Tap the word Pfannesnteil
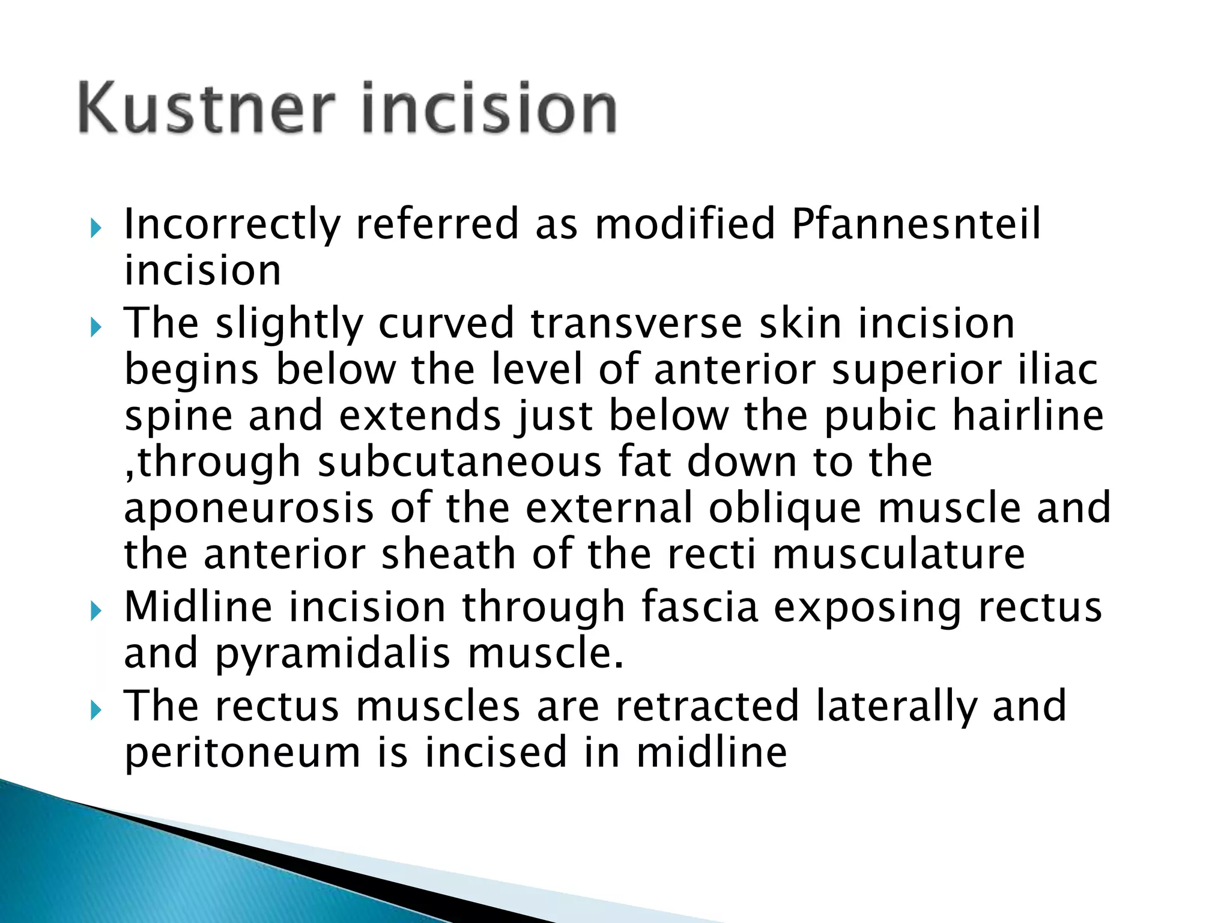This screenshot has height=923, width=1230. click(x=916, y=224)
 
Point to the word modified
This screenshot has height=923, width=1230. click(x=685, y=224)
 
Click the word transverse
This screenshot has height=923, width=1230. click(x=637, y=323)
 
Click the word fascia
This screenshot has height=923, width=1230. click(x=700, y=607)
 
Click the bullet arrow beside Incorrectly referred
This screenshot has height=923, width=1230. click(x=95, y=228)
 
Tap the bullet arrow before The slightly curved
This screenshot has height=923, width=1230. click(x=95, y=327)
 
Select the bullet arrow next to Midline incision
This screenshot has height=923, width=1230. click(x=95, y=612)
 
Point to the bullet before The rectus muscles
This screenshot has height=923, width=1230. click(x=95, y=711)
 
